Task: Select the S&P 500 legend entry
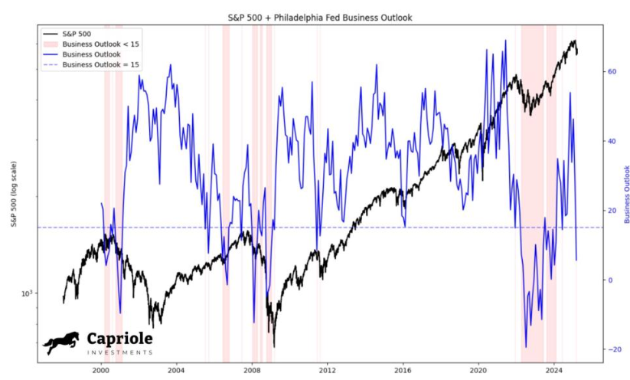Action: [x=77, y=34]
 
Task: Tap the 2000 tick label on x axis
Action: [x=101, y=368]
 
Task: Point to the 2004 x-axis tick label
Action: [x=176, y=368]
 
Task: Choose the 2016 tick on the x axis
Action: [x=403, y=368]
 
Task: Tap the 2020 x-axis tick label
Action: [x=478, y=368]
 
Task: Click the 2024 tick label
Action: [x=553, y=368]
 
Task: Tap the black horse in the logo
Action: [x=61, y=342]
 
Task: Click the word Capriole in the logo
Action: [x=119, y=339]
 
